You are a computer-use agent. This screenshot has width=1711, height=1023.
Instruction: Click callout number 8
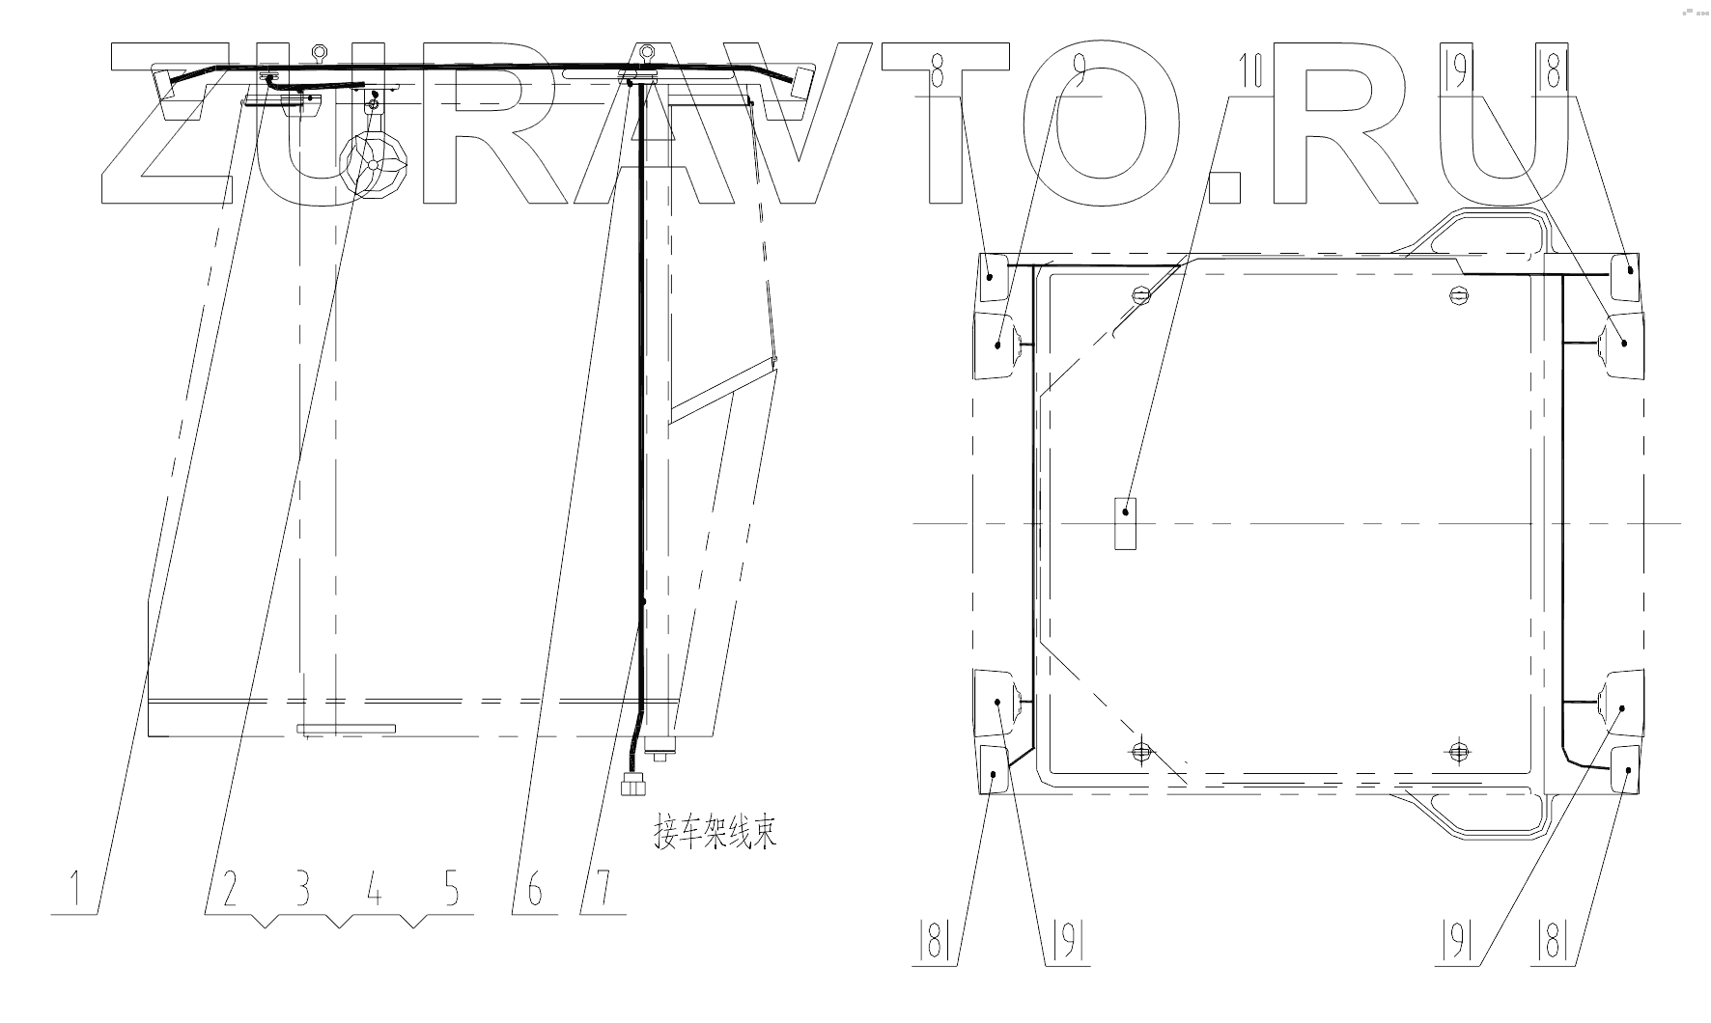click(x=936, y=73)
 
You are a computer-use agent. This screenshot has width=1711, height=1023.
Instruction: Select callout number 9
click(x=1080, y=73)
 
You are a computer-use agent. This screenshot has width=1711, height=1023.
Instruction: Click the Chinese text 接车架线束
click(x=715, y=831)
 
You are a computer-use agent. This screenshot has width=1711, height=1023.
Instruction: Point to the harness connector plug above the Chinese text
click(x=633, y=784)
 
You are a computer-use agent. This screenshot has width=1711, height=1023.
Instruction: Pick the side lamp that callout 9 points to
click(x=998, y=344)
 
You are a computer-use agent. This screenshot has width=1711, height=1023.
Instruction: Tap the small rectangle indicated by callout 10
click(x=1125, y=523)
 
